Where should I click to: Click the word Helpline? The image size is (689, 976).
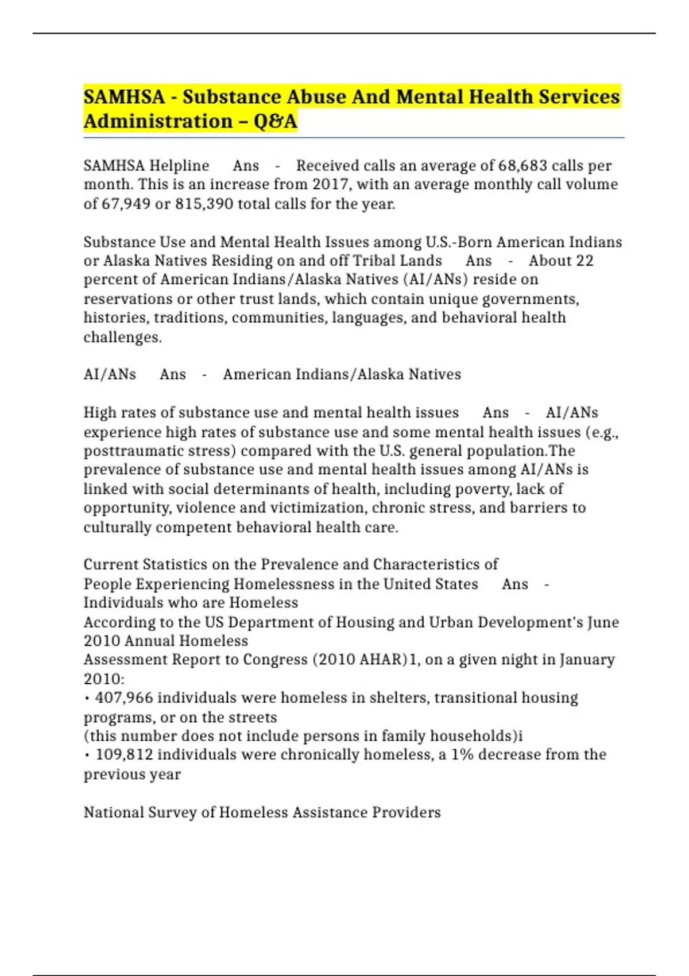[x=179, y=165]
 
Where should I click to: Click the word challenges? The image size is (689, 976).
[x=122, y=337]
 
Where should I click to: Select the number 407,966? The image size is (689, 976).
[x=124, y=698]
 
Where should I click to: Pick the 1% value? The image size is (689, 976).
[x=462, y=754]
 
